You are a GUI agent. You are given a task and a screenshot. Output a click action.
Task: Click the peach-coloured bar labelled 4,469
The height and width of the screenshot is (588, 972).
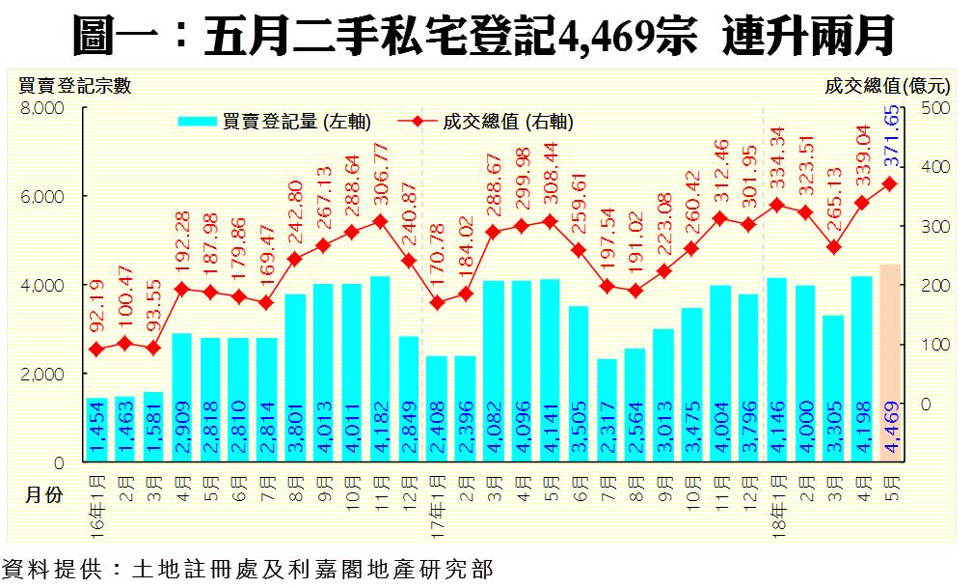coord(890,362)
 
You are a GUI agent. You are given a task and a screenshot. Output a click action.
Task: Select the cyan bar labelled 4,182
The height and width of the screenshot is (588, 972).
coord(381,369)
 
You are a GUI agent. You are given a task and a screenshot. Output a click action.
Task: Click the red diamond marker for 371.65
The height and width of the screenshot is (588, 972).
coord(890,183)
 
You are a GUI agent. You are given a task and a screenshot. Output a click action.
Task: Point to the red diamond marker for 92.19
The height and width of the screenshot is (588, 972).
coord(96,350)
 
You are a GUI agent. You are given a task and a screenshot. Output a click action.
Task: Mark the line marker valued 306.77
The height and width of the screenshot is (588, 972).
coord(381,221)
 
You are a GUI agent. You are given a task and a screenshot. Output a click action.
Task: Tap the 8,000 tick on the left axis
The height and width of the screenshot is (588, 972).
coord(42,108)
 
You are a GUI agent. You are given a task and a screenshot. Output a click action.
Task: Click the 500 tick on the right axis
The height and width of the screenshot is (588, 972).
coord(934,108)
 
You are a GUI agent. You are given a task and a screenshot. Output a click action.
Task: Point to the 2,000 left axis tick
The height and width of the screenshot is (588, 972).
coord(42,374)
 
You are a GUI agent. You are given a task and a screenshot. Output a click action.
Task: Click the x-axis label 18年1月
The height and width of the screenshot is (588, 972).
coord(778,492)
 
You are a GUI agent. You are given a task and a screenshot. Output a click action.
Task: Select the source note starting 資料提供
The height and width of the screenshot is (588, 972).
coord(248,570)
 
